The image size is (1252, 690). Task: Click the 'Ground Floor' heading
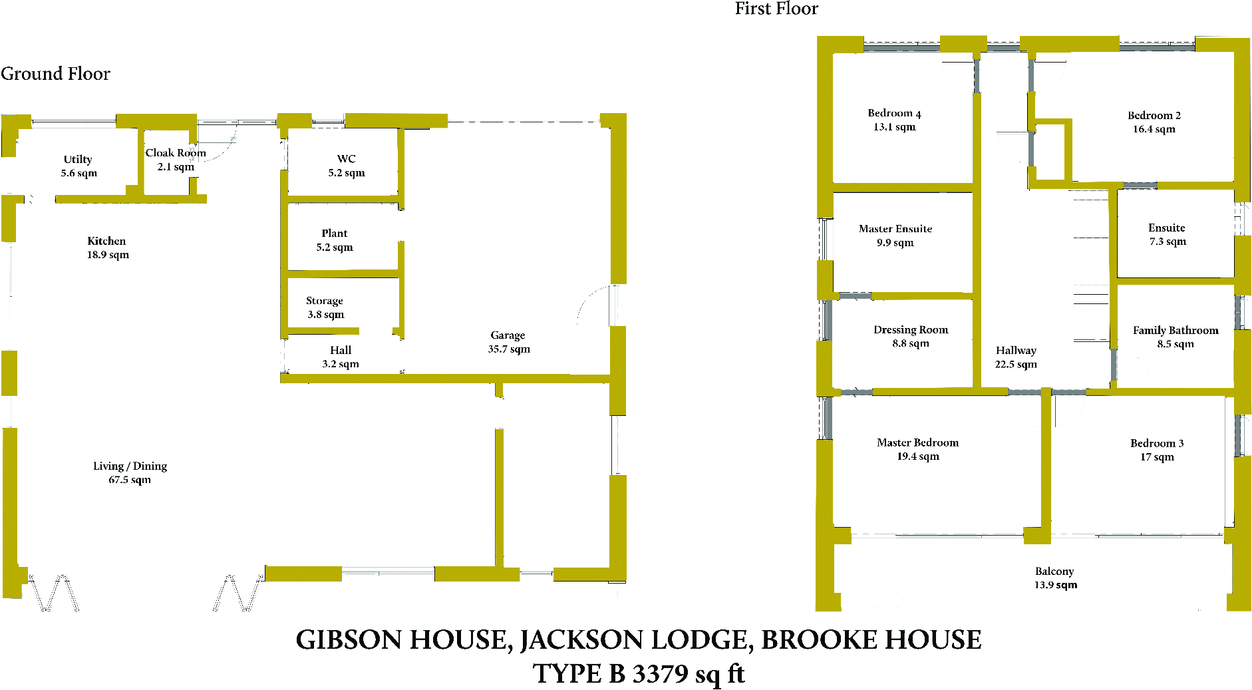click(55, 73)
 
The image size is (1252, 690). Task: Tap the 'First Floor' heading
click(776, 9)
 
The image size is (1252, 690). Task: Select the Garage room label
click(508, 335)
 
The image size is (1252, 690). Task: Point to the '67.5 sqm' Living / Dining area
click(130, 480)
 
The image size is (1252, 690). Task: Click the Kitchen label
click(106, 241)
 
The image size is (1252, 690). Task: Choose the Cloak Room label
click(176, 153)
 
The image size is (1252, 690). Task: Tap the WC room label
click(346, 159)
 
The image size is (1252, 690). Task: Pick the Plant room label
click(334, 234)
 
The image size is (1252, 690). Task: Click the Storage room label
click(325, 301)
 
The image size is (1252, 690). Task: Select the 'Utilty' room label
click(78, 160)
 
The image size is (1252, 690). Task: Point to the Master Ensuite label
click(895, 229)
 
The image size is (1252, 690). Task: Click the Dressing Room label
click(911, 330)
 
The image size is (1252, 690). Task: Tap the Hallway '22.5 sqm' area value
click(1016, 365)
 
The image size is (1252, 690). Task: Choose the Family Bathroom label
click(1175, 331)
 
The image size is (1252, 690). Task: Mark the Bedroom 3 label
click(1157, 443)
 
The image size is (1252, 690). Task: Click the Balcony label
click(1054, 572)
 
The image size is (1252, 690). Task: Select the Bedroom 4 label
click(894, 113)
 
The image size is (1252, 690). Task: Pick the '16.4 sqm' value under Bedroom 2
click(1154, 129)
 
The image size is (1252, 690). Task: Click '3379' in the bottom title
click(660, 674)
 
